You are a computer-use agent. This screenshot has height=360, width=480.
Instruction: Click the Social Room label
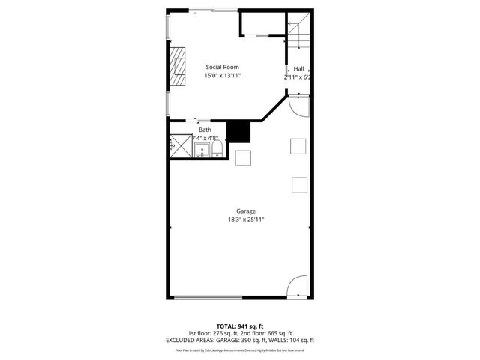(x=222, y=67)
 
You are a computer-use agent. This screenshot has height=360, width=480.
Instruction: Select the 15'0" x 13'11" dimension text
(x=222, y=75)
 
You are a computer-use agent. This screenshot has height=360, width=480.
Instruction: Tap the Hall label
(x=298, y=68)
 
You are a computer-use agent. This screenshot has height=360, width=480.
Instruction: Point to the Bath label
(x=205, y=130)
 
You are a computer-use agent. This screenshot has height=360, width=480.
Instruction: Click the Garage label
(x=246, y=211)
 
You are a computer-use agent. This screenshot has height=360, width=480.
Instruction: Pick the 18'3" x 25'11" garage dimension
(x=246, y=220)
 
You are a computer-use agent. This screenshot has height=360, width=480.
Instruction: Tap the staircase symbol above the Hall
(x=298, y=31)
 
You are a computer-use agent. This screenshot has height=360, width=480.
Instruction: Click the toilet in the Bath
(x=217, y=151)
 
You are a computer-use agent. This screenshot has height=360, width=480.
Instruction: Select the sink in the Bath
(x=202, y=151)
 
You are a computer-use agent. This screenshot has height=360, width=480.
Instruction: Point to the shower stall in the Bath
(x=181, y=145)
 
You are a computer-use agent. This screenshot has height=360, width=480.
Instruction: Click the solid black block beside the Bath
(x=239, y=131)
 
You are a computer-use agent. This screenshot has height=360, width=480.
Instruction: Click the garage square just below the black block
(x=243, y=158)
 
